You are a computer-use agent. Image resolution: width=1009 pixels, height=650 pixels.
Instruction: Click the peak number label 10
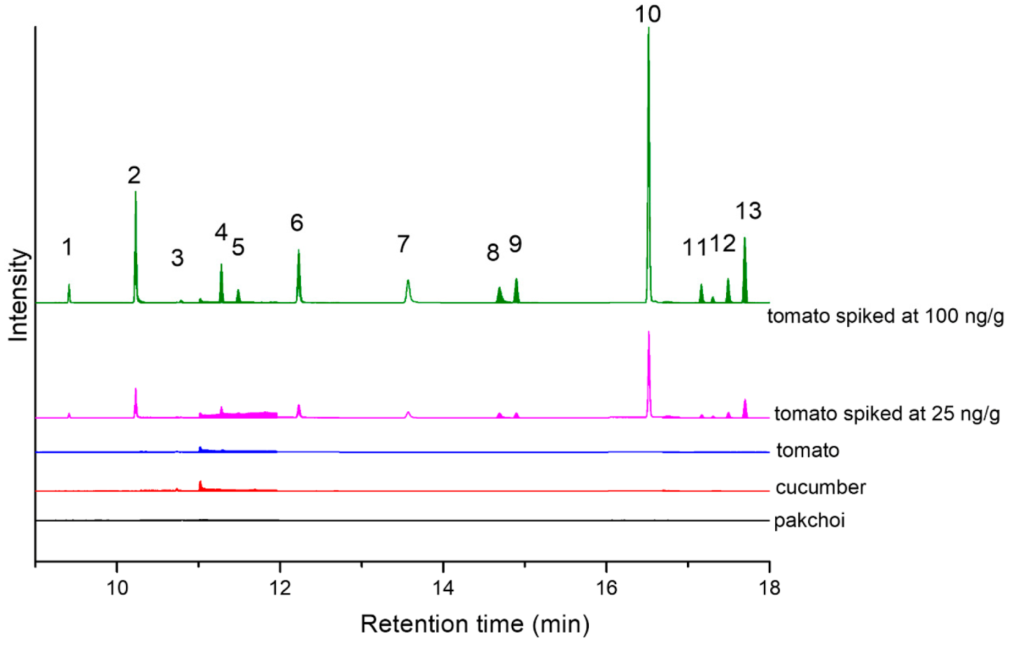[x=647, y=14]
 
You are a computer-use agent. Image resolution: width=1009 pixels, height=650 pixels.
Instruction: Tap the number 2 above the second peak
[x=134, y=175]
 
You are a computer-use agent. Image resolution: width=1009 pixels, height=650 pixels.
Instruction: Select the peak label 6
[x=297, y=223]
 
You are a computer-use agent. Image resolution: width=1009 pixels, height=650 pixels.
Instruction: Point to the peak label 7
[x=403, y=244]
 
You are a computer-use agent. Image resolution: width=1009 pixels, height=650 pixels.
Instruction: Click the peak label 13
[x=748, y=211]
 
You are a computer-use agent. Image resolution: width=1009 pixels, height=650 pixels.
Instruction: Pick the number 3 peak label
[x=177, y=258]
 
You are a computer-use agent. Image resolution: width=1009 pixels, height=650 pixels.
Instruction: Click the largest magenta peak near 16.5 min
[x=649, y=333]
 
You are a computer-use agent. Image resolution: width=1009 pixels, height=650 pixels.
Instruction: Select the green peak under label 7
[x=408, y=283]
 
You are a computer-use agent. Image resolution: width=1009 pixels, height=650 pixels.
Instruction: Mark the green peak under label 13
[x=744, y=240]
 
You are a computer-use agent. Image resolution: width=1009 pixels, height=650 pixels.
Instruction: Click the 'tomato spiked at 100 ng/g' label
[x=885, y=316]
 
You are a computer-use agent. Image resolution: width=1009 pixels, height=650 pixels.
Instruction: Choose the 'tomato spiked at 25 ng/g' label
[x=886, y=414]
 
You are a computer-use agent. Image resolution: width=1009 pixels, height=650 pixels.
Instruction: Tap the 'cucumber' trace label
[x=820, y=488]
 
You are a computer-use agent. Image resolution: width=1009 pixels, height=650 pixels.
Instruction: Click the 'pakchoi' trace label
[x=809, y=520]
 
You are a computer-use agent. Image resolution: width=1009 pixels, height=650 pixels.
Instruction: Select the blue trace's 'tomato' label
[x=807, y=450]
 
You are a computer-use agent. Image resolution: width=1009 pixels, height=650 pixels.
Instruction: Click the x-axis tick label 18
[x=769, y=587]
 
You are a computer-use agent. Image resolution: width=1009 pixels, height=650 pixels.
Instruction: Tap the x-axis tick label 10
[x=117, y=587]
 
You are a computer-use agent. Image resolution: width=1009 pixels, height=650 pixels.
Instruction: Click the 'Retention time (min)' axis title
[x=475, y=623]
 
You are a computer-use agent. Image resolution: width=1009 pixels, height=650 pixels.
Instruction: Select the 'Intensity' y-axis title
[x=19, y=295]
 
